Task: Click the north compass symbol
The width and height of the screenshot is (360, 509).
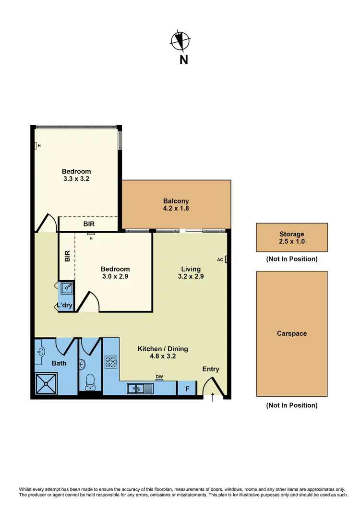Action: pos(180,40)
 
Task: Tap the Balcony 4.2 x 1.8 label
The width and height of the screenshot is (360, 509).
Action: pos(176,205)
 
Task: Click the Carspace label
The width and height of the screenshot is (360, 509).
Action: pos(291,333)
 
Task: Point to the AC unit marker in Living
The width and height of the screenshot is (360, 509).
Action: pos(226,260)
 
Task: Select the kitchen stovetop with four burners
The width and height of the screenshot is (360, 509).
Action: pos(111,361)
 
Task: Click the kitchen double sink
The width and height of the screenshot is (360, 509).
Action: pos(140,388)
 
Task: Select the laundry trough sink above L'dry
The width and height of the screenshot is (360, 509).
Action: pos(67,288)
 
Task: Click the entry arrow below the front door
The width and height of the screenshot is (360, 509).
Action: pos(213,398)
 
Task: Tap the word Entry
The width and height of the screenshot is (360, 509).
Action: pos(211,369)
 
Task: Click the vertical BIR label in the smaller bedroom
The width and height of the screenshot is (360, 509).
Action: pos(67,256)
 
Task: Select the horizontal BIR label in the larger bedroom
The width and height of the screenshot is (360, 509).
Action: pos(88,223)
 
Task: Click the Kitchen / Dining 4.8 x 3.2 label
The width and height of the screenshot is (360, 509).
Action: pos(163,353)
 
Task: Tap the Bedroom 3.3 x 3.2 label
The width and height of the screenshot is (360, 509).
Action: pos(76,175)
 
